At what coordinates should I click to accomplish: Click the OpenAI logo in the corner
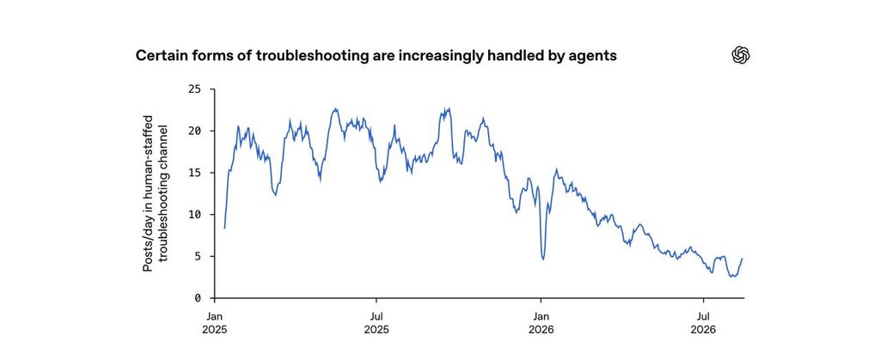tap(741, 55)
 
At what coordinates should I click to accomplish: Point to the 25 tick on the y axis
tap(194, 89)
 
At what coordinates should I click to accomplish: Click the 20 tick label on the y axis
tap(194, 131)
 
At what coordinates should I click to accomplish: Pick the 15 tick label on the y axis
tap(194, 173)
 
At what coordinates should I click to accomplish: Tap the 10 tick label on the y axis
tap(194, 214)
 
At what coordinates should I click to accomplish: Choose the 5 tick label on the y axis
tap(198, 256)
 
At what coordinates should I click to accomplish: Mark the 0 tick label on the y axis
tap(198, 298)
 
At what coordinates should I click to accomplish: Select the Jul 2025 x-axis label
tap(376, 323)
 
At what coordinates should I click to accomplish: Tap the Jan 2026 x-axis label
tap(541, 323)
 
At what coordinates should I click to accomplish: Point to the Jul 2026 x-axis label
tap(703, 323)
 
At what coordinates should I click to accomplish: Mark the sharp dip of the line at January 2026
tap(543, 259)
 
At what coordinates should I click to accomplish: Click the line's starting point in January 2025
tap(224, 229)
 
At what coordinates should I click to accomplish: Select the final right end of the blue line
tap(742, 259)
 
